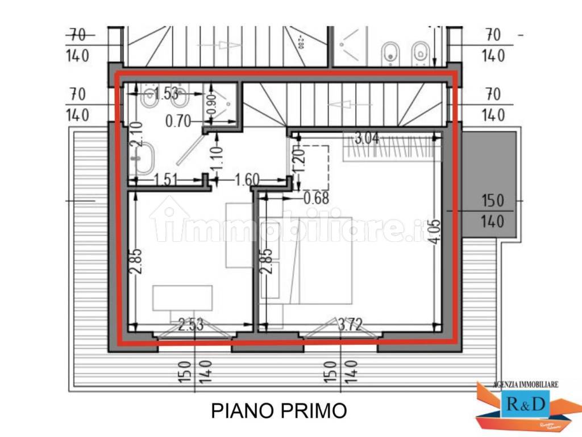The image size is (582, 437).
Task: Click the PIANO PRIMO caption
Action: pos(279,410)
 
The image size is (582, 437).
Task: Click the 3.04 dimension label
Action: pos(367,138)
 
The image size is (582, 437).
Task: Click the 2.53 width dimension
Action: pos(192,325)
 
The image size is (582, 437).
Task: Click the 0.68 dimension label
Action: pos(317,199)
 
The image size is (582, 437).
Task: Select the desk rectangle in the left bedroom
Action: pos(182,298)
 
